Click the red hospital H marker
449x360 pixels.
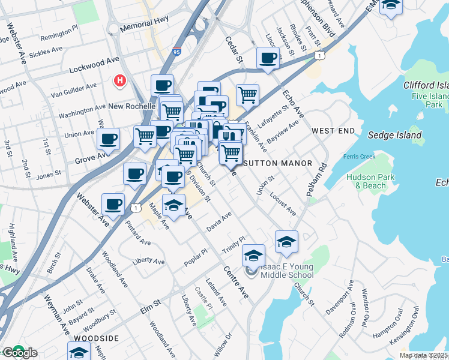120,80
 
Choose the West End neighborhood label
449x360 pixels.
330,130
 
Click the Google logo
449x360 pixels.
19,353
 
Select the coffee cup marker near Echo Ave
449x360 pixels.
268,58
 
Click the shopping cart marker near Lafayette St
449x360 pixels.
247,94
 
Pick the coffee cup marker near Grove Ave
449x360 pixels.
108,139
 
